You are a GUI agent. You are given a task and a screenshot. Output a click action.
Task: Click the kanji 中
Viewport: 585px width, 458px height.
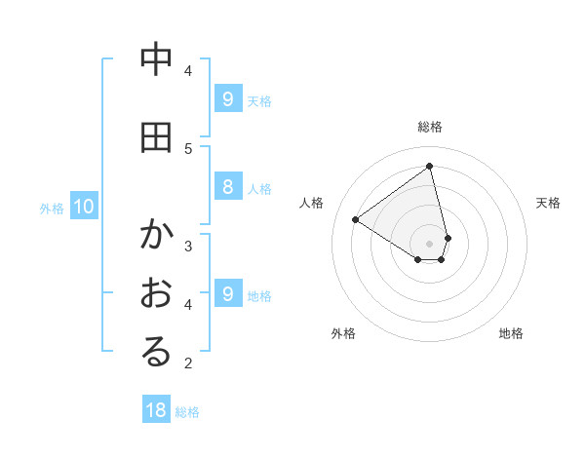coord(155,59)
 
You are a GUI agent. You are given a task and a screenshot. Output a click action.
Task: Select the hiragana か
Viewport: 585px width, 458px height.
coord(155,235)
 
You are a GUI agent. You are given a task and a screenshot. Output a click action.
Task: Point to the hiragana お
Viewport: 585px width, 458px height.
coord(155,293)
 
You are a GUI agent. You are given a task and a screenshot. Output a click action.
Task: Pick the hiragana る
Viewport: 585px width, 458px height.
coord(155,353)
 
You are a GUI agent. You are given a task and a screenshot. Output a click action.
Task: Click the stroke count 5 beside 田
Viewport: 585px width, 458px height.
coord(188,148)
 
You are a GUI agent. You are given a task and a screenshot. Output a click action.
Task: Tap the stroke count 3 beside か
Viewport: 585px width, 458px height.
coord(188,245)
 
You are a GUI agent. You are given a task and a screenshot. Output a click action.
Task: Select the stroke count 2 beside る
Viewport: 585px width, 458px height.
coord(188,363)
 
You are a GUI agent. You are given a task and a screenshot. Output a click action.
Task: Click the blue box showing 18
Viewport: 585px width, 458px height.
coord(156,410)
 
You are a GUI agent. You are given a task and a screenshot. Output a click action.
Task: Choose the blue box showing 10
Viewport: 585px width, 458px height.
coord(83,206)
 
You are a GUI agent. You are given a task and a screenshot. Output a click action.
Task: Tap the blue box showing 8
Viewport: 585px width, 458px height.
coord(227,187)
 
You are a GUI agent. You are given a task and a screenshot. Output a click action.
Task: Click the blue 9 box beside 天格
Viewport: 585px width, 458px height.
coord(227,98)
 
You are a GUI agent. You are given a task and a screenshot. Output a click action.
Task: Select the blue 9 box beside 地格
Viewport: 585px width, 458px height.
coord(227,293)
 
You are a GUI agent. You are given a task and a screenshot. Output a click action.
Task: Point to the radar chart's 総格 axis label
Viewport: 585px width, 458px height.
coord(430,127)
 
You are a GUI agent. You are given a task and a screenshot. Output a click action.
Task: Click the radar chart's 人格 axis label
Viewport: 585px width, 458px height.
coord(312,203)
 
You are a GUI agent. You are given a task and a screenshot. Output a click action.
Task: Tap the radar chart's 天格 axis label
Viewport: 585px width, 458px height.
coord(548,203)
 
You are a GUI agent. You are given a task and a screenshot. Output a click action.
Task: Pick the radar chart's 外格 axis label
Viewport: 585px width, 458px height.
coord(343,333)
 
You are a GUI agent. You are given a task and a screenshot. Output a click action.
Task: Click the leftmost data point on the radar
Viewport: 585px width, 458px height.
coord(356,220)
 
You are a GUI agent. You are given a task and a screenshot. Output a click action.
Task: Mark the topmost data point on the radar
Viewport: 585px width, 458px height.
coord(430,166)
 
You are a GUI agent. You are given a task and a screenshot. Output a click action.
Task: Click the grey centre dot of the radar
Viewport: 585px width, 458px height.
coord(430,243)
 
